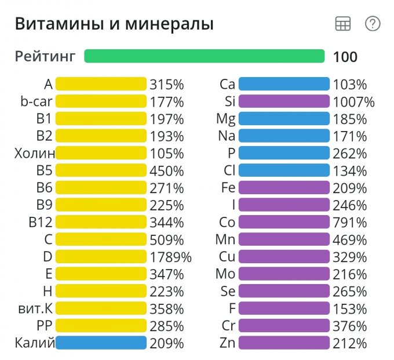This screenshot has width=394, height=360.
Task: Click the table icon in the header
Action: coord(343,24)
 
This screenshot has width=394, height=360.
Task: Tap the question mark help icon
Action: coord(372,24)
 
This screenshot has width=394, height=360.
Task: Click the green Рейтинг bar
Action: coord(204,56)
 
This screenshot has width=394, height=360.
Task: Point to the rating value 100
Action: coord(345,57)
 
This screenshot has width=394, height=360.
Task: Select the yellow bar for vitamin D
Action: coord(101,257)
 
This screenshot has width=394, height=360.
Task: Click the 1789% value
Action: coord(170,257)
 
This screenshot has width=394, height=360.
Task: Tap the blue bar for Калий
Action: coord(101,343)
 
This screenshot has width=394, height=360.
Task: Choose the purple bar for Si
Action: coord(284,102)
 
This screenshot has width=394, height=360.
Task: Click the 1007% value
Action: coord(353,102)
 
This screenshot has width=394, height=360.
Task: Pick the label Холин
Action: coord(35,154)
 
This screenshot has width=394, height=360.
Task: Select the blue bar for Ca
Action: coord(284,85)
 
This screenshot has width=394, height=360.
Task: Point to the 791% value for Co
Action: coord(349,223)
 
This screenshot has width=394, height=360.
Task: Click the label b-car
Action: coord(37,102)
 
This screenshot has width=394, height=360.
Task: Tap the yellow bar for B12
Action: coord(101,223)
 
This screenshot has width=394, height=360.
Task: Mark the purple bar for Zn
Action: coord(284,343)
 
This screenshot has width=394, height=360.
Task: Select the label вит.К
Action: coord(36,308)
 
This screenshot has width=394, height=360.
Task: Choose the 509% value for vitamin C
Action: coord(166,239)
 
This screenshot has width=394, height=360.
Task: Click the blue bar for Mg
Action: coord(284,119)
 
